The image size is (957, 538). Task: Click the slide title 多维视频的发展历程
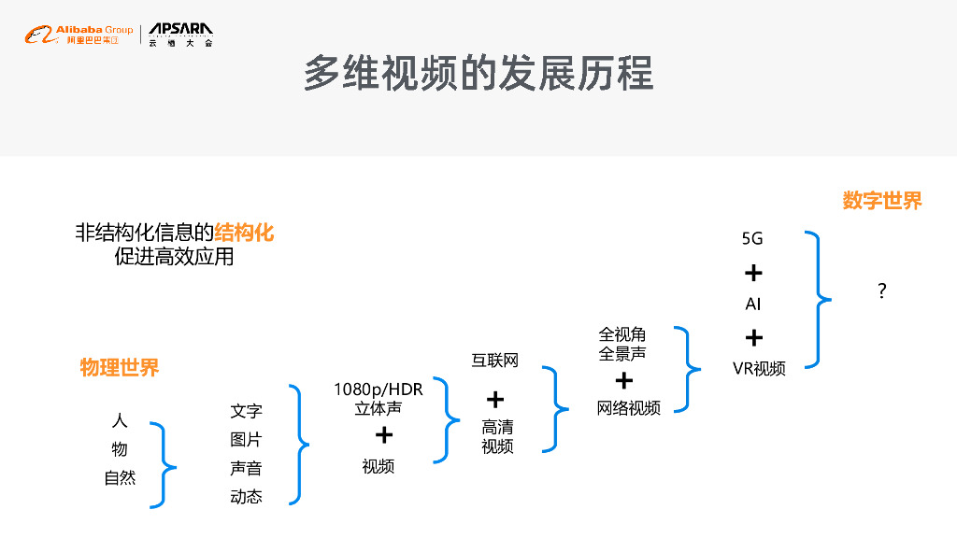click(x=478, y=73)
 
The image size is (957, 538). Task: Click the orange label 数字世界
click(x=881, y=201)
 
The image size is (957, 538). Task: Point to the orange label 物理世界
click(x=120, y=367)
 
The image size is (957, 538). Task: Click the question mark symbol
click(x=881, y=291)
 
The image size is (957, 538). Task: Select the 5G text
click(x=752, y=239)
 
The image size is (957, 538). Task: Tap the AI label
click(x=753, y=304)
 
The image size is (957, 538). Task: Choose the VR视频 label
click(x=759, y=368)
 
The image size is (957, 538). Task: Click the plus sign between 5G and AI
click(x=753, y=273)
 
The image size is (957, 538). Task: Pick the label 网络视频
click(x=629, y=408)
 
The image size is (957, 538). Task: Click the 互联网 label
click(x=494, y=361)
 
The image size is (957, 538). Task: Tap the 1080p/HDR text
click(x=379, y=389)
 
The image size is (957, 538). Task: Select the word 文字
click(x=247, y=411)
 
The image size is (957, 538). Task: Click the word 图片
click(x=247, y=440)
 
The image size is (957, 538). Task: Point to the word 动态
click(x=247, y=497)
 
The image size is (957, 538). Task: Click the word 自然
click(x=120, y=478)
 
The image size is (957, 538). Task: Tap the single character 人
click(x=120, y=421)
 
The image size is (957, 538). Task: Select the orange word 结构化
click(x=244, y=232)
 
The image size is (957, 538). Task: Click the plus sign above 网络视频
click(x=623, y=380)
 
